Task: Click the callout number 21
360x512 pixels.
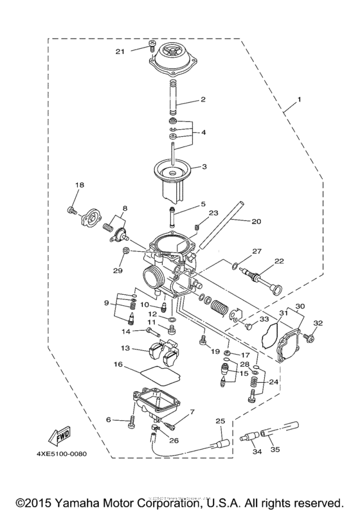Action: tap(137, 50)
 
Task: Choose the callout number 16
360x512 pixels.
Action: tap(118, 364)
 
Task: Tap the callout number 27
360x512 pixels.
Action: tap(256, 251)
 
